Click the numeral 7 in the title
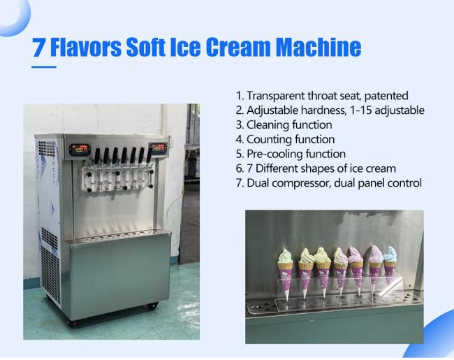pyautogui.click(x=39, y=48)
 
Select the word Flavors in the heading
pyautogui.click(x=86, y=47)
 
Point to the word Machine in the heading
pyautogui.click(x=318, y=47)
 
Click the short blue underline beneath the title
pyautogui.click(x=44, y=67)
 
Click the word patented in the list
pyautogui.click(x=386, y=96)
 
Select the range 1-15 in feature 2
pyautogui.click(x=361, y=110)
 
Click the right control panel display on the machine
pyautogui.click(x=158, y=148)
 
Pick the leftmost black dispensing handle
pyautogui.click(x=97, y=156)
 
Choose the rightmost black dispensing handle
pyautogui.click(x=149, y=154)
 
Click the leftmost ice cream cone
pyautogui.click(x=286, y=274)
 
